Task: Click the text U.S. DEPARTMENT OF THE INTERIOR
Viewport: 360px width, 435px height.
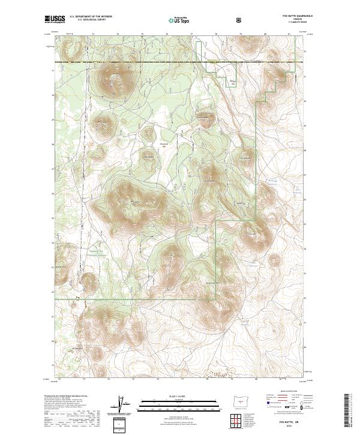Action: [91, 17]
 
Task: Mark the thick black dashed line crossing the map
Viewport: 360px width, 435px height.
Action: [180, 62]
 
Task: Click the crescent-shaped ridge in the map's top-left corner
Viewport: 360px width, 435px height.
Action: [74, 52]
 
